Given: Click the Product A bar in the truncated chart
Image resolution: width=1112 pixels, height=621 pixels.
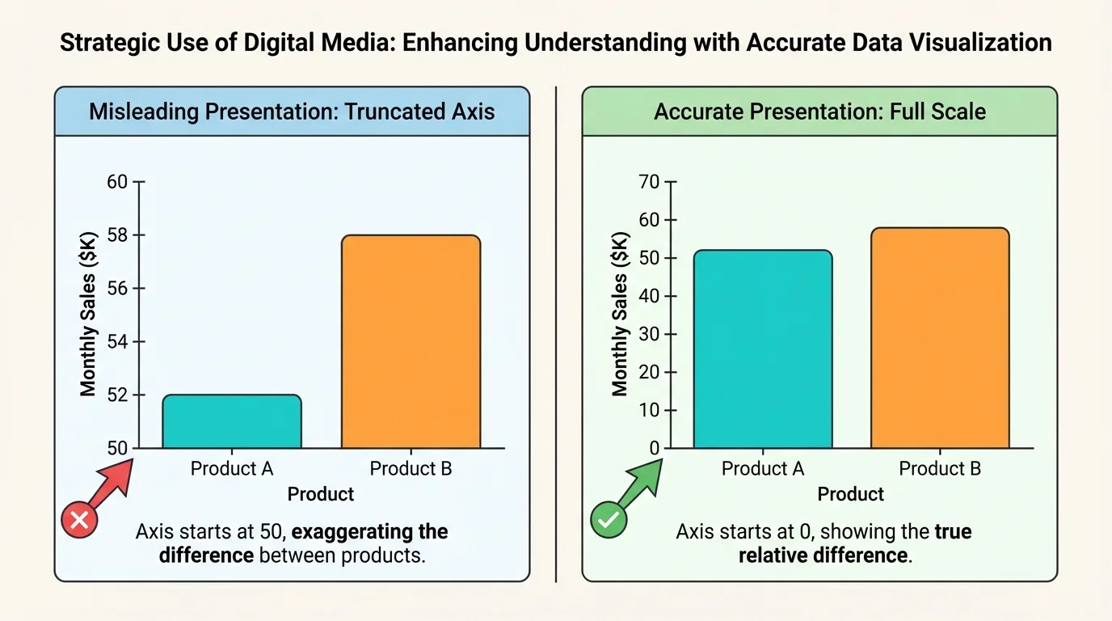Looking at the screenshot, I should (x=232, y=421).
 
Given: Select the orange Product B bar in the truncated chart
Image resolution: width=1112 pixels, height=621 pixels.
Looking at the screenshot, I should (x=411, y=341).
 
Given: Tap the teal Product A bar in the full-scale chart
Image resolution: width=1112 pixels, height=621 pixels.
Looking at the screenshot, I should (x=762, y=349).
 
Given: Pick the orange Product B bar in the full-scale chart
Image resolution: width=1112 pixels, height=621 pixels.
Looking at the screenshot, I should (x=940, y=338).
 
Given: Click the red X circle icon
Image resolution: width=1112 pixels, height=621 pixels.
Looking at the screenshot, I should (x=80, y=521).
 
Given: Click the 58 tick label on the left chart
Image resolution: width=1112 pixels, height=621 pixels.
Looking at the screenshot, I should (x=118, y=235).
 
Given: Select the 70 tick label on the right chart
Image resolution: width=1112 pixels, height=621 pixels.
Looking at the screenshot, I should (x=650, y=182).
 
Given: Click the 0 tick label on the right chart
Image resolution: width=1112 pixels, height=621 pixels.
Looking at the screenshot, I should (x=655, y=448).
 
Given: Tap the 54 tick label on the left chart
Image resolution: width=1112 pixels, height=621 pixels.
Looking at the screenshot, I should (x=118, y=342).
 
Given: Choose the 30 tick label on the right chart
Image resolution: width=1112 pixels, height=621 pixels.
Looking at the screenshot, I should (x=650, y=334).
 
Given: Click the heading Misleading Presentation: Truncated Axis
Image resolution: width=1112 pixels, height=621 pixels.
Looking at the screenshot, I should (x=292, y=112).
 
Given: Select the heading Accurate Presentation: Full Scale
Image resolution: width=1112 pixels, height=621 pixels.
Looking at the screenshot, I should (x=819, y=112).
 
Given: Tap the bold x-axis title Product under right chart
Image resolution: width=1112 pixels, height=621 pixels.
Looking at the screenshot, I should (x=851, y=494).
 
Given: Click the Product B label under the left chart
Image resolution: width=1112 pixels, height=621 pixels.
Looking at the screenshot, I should (x=411, y=468).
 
